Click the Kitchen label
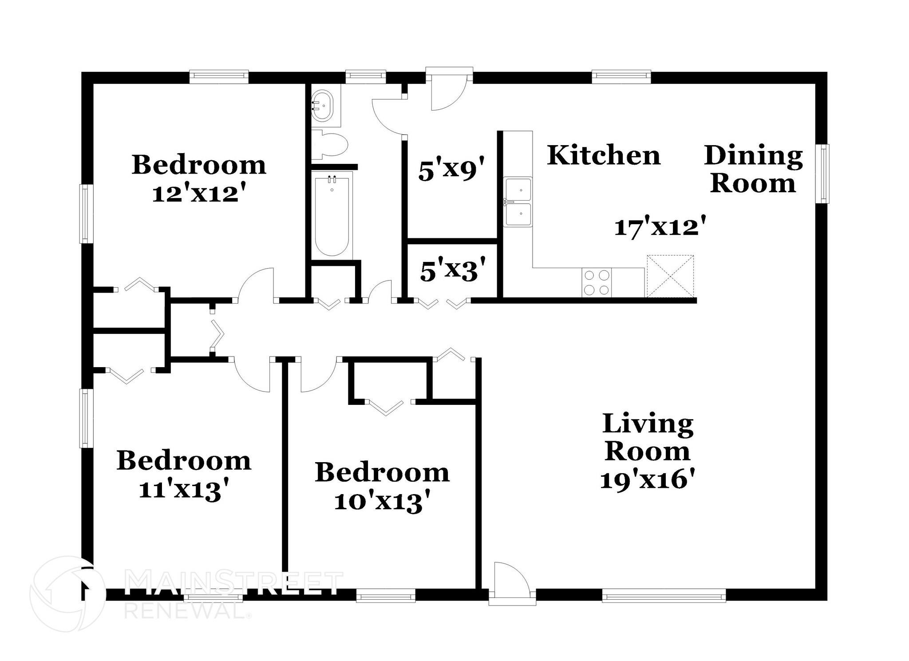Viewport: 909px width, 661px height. [604, 155]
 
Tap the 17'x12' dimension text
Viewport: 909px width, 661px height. [660, 228]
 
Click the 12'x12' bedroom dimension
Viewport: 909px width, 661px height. [198, 194]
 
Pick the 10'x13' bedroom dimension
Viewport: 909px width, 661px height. [382, 503]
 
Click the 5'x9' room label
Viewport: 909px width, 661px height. [450, 171]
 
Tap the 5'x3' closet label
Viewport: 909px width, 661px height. [452, 271]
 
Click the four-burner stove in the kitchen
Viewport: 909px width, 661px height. [597, 283]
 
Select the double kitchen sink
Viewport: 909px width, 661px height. [518, 202]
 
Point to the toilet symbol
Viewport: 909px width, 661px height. [329, 144]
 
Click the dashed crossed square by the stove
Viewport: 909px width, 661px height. [670, 276]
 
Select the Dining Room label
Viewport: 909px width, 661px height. [753, 170]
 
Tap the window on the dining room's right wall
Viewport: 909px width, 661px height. [824, 174]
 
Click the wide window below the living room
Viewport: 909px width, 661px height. [664, 595]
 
